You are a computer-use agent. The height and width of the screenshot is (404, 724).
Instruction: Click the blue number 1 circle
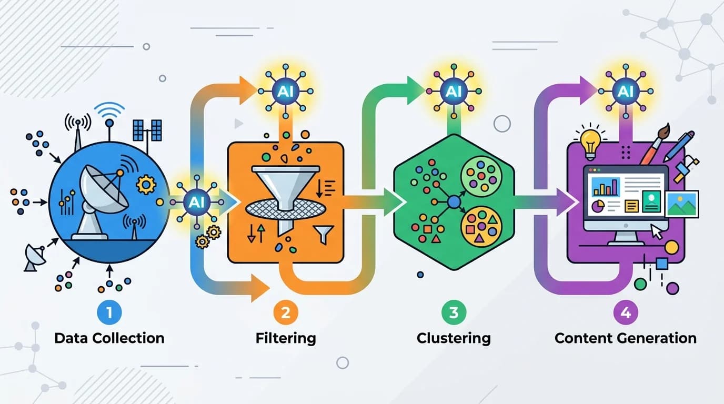[x=109, y=312]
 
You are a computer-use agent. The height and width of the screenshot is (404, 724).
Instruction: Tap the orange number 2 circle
[x=285, y=312]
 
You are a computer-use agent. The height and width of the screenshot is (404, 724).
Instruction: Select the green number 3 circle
[x=454, y=312]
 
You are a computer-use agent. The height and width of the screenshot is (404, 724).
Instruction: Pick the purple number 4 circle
[x=626, y=312]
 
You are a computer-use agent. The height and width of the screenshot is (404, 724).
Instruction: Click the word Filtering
[x=286, y=339]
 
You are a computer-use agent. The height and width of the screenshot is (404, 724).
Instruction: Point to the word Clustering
[x=454, y=339]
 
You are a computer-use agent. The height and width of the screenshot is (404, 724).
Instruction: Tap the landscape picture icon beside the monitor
[x=682, y=204]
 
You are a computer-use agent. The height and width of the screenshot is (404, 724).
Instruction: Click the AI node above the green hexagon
[x=454, y=92]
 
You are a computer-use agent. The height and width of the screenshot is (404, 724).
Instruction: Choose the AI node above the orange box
[x=285, y=92]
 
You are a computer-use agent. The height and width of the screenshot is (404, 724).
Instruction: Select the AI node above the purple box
[x=626, y=92]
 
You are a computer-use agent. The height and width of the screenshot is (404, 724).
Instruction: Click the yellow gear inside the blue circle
[x=146, y=185]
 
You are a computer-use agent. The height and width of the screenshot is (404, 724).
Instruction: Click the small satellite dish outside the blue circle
[x=35, y=257]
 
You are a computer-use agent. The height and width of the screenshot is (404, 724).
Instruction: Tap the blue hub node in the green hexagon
[x=454, y=203]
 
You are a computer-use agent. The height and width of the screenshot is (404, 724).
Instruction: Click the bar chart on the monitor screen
[x=606, y=187]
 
